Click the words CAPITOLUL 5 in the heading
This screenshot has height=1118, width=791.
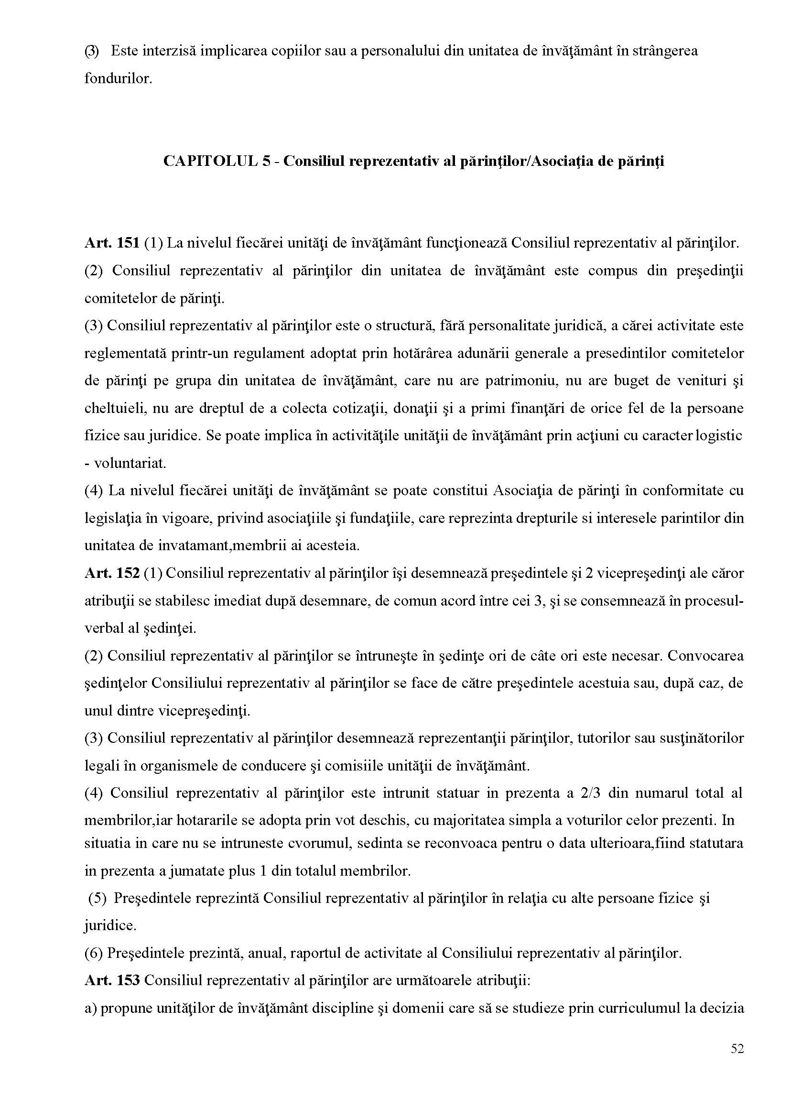(x=217, y=161)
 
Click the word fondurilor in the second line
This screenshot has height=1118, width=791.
(x=118, y=78)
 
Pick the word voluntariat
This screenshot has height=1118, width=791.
(x=130, y=463)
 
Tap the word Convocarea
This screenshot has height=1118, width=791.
(x=706, y=656)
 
